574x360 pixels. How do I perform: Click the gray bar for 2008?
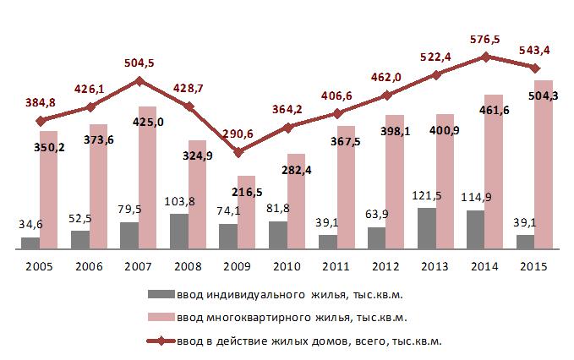tap(179, 232)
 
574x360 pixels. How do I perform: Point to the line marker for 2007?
tap(139, 81)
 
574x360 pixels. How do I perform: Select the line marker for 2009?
tap(238, 152)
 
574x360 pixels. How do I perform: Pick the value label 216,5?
tap(246, 193)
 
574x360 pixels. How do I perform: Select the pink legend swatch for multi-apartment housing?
tap(160, 318)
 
